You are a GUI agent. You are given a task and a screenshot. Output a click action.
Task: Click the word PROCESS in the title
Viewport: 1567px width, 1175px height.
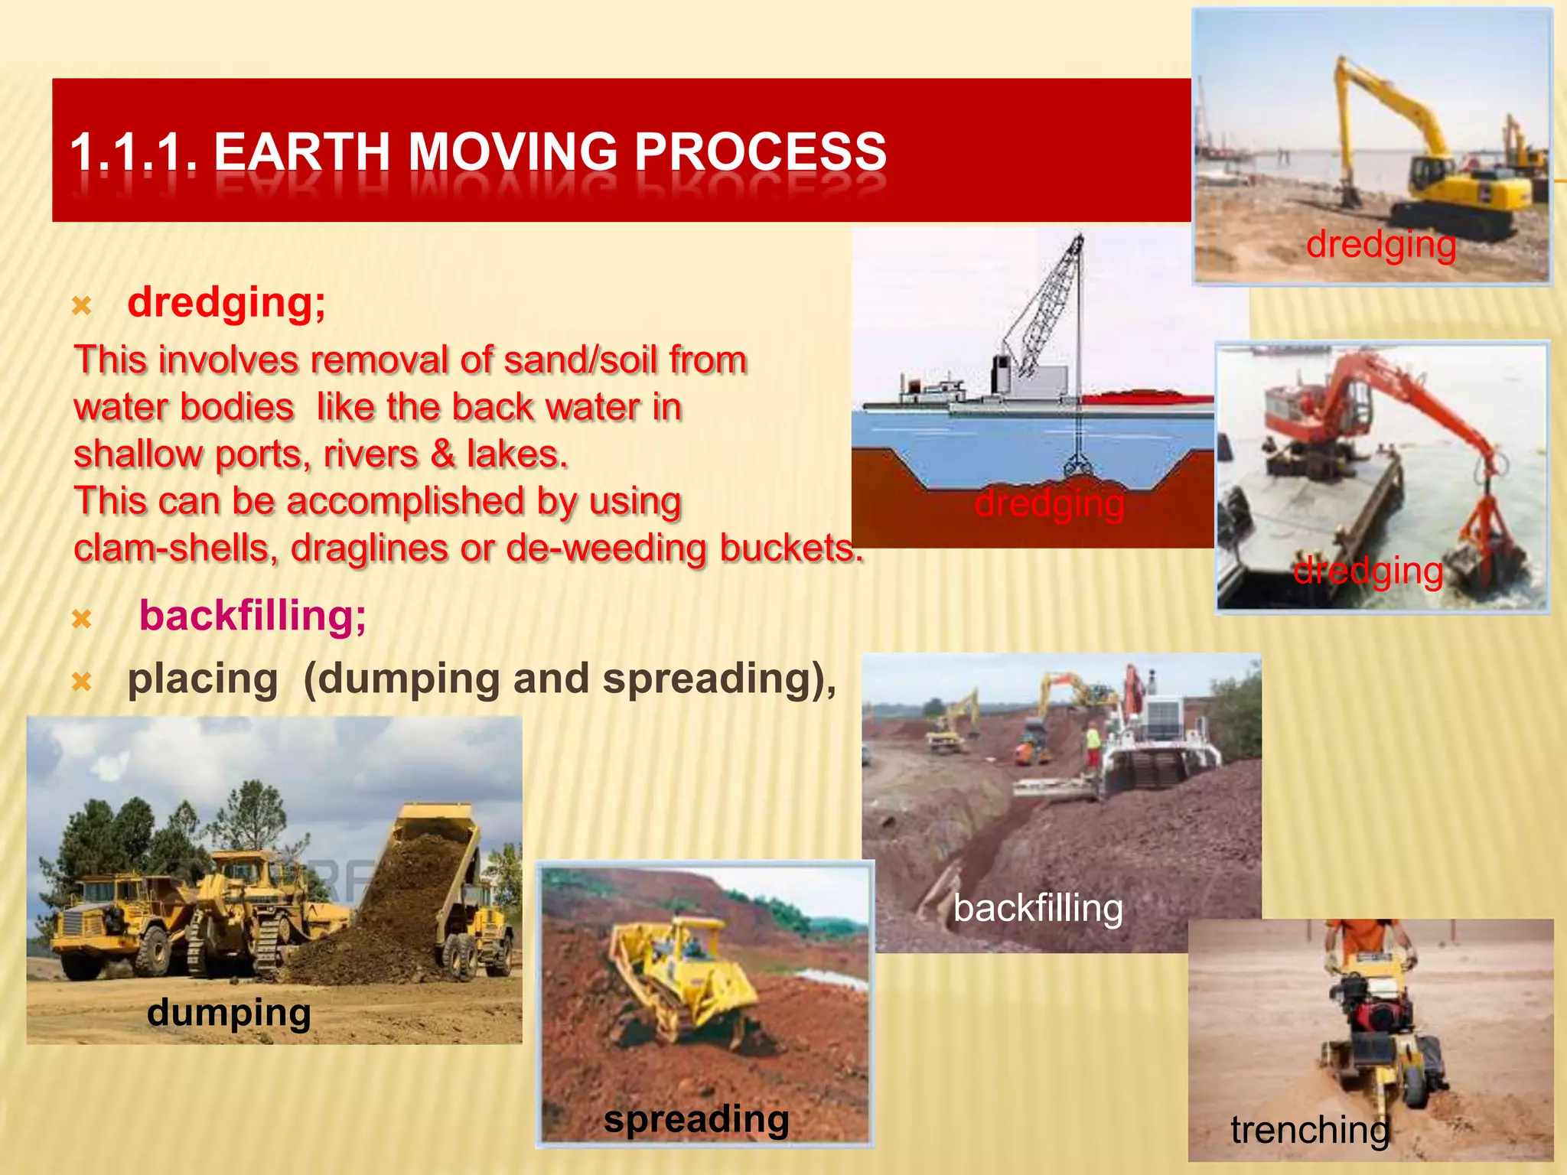(x=761, y=151)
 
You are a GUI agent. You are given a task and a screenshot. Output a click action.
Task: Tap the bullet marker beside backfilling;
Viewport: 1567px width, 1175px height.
(x=82, y=618)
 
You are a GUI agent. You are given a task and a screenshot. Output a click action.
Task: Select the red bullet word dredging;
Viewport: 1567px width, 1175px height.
(x=226, y=302)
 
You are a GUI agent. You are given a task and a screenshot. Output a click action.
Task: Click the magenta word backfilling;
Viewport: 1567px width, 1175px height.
(x=252, y=616)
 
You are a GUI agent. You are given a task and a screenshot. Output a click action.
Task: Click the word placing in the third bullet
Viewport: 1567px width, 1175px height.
(x=203, y=679)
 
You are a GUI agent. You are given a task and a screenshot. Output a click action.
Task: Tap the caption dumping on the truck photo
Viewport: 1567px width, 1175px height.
(x=229, y=1012)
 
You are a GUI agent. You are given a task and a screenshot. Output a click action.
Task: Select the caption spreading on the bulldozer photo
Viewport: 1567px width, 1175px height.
(x=696, y=1119)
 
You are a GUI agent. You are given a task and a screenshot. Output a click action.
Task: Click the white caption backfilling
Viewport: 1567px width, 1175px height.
(x=1038, y=909)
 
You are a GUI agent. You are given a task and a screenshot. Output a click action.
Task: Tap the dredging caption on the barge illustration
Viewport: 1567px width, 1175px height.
(x=1049, y=503)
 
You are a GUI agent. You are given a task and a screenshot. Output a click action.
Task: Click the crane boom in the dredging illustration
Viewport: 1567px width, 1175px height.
(x=1048, y=306)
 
